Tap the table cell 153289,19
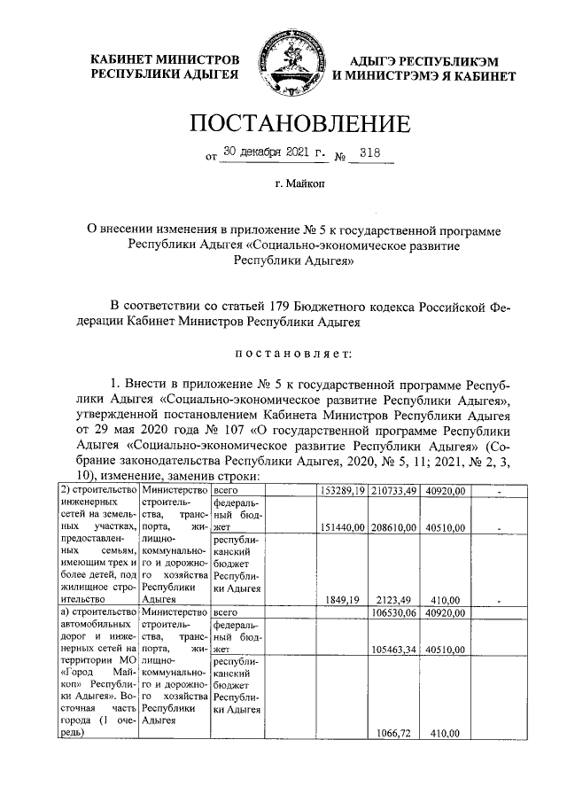[341, 491]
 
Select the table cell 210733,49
[392, 491]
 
